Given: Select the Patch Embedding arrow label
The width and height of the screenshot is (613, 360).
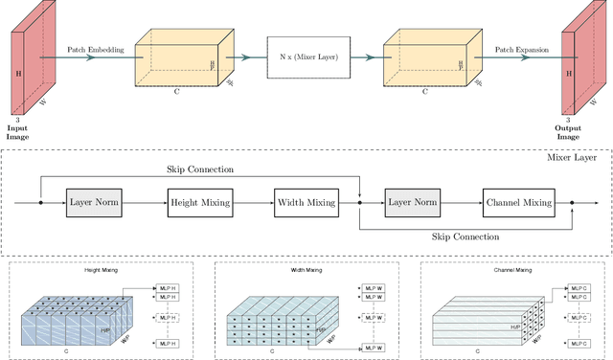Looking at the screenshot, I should (93, 48).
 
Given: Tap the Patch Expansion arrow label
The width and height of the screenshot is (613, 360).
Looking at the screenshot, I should (518, 48).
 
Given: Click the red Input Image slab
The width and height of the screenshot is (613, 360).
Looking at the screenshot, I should (25, 66).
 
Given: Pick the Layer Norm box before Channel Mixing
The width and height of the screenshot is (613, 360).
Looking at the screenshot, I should (412, 203).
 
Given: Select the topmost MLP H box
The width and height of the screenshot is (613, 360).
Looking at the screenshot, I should (169, 286).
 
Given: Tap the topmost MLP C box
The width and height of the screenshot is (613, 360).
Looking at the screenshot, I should (579, 286).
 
